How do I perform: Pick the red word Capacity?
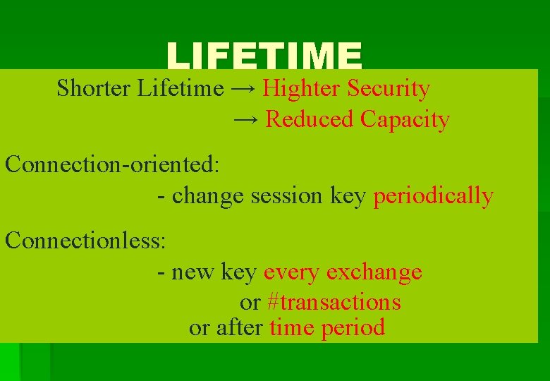pyautogui.click(x=405, y=120)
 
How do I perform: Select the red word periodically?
pyautogui.click(x=433, y=196)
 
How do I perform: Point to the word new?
pyautogui.click(x=193, y=272)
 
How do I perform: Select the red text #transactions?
pyautogui.click(x=334, y=303)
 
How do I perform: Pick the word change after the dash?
pyautogui.click(x=207, y=196)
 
